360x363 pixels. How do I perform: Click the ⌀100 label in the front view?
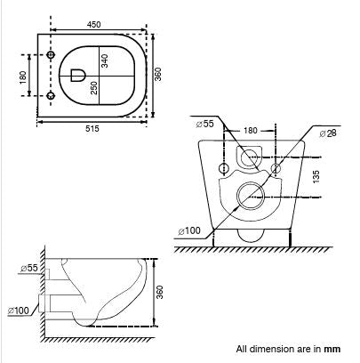[189, 231]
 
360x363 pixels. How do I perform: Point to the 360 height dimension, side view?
[159, 292]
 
